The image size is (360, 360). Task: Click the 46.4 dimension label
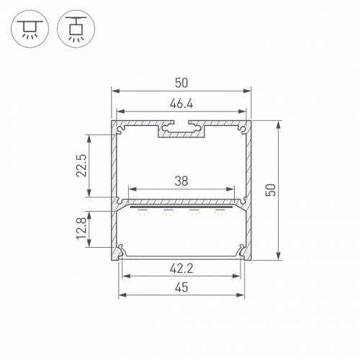click(x=181, y=104)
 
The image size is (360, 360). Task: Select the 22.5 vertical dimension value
click(x=81, y=166)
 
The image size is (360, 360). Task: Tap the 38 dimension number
click(x=181, y=181)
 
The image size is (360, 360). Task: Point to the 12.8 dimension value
click(x=81, y=228)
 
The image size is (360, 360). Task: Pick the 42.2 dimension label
click(x=181, y=269)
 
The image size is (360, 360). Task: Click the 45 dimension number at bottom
click(x=181, y=287)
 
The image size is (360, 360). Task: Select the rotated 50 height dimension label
click(x=271, y=190)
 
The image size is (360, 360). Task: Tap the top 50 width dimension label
click(x=181, y=83)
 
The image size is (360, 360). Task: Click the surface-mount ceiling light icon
click(x=30, y=29)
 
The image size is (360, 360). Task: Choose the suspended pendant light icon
click(x=76, y=29)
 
